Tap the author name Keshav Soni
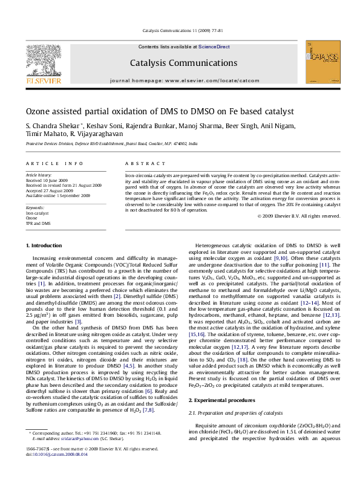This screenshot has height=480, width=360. pyautogui.click(x=89, y=126)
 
